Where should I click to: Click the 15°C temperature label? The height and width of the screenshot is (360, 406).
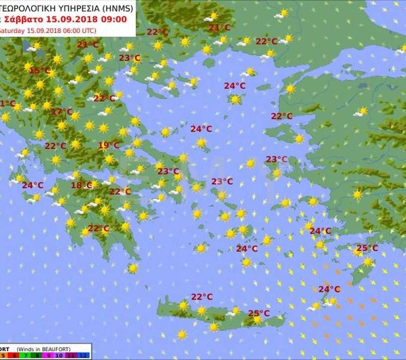click(x=40, y=71)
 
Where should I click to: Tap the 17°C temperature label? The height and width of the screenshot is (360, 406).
click(x=62, y=112)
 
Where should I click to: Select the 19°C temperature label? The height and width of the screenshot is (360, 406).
click(x=108, y=146)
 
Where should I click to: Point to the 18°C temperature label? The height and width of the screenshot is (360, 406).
click(x=82, y=186)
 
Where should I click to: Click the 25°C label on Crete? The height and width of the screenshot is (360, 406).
click(x=259, y=313)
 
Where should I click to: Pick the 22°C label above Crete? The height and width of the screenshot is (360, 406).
click(x=202, y=297)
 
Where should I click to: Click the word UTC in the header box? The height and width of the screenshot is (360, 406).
click(x=89, y=31)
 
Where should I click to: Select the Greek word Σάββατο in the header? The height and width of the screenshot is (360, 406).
click(x=24, y=20)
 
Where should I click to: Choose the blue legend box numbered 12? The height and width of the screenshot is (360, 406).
click(x=83, y=356)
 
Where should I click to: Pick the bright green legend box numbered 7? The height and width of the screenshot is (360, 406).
click(x=25, y=356)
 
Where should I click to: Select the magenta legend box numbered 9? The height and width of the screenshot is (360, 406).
click(x=48, y=356)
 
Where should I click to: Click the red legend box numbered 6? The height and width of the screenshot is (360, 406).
click(x=14, y=356)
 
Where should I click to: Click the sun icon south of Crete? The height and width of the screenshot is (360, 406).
click(x=182, y=335)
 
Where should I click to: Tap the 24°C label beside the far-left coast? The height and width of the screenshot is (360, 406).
click(x=32, y=186)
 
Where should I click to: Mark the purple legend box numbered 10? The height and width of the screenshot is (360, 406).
click(x=59, y=356)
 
